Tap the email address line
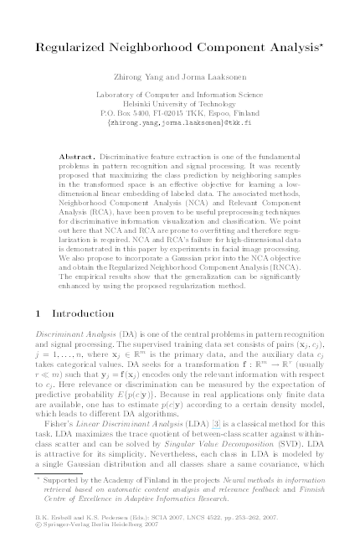tap(179, 121)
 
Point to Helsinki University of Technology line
tap(179, 102)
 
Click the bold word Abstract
tap(79, 158)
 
